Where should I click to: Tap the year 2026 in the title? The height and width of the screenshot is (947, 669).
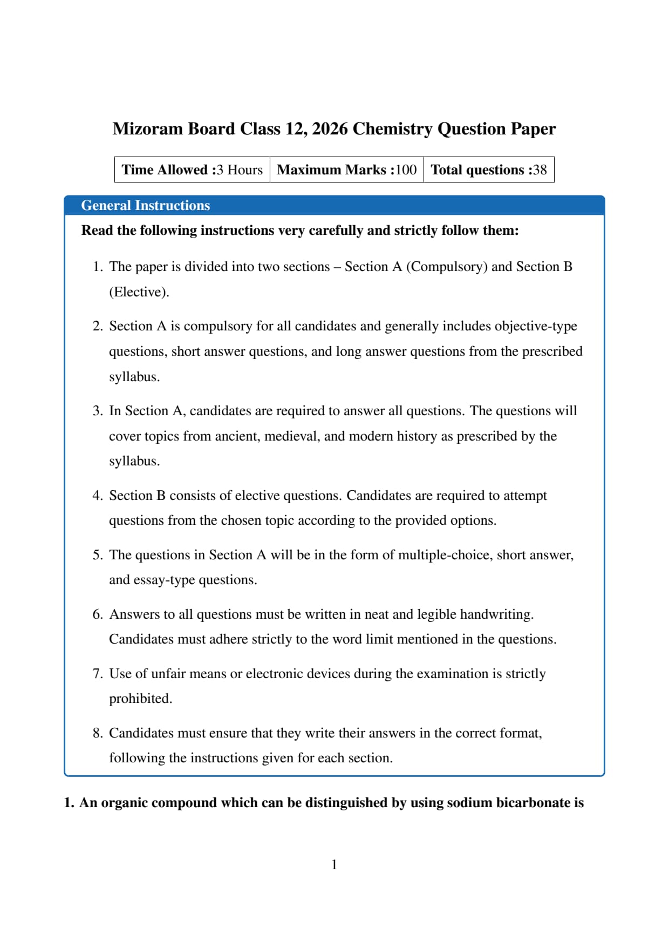[x=330, y=129]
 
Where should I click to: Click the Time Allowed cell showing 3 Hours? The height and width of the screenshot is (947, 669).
[x=192, y=170]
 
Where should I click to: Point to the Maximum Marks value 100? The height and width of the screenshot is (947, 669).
[x=406, y=170]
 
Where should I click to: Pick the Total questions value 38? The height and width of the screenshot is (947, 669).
[x=540, y=170]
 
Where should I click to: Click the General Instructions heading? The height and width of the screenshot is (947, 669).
[x=145, y=205]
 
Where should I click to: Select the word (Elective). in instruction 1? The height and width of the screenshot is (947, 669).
[x=139, y=292]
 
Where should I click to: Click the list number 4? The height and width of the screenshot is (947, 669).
[x=98, y=496]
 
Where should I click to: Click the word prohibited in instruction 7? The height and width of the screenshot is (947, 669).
[x=140, y=699]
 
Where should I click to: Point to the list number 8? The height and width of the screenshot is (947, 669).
[x=98, y=733]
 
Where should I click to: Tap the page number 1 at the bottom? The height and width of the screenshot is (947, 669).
[x=334, y=865]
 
